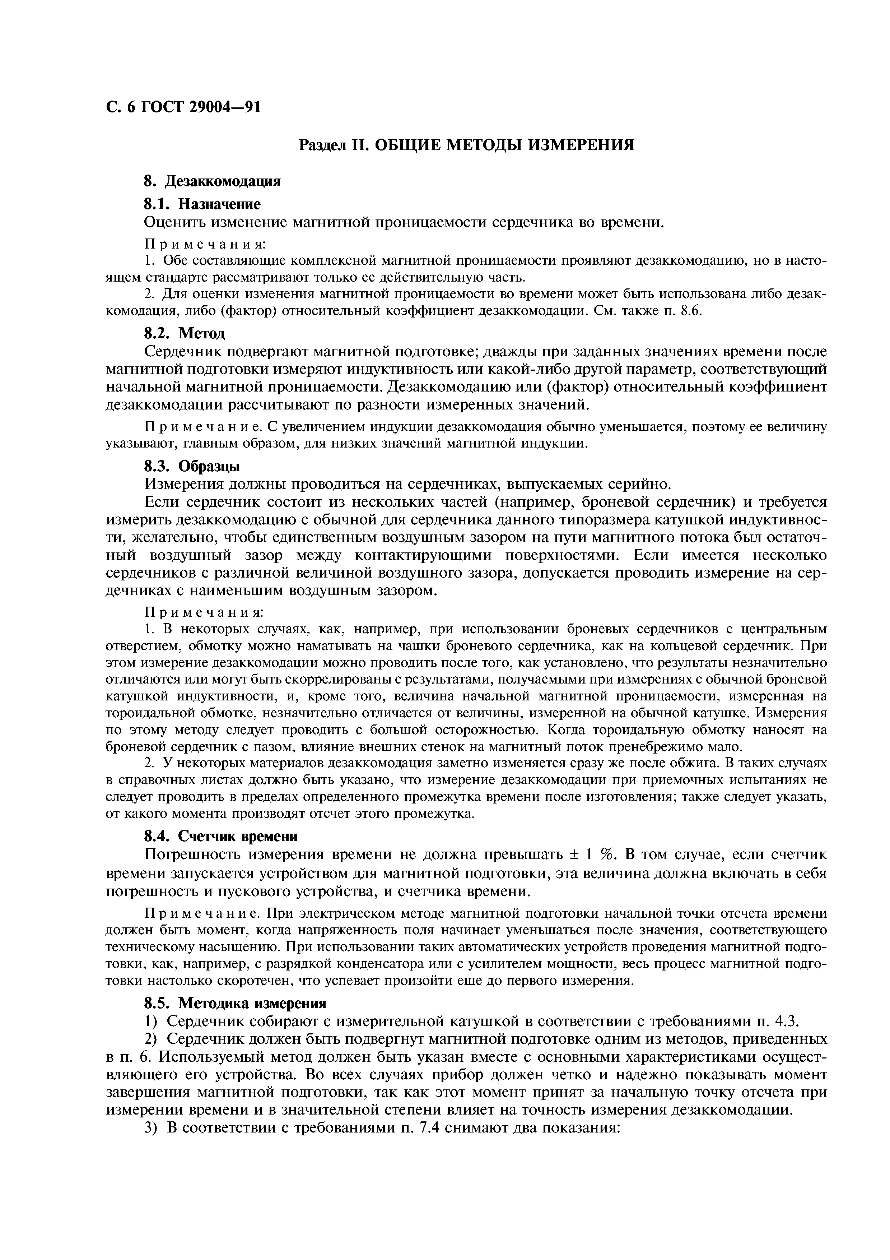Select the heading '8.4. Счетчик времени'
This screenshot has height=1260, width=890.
pyautogui.click(x=220, y=836)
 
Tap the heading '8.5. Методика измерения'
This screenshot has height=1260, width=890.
pyautogui.click(x=235, y=1003)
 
